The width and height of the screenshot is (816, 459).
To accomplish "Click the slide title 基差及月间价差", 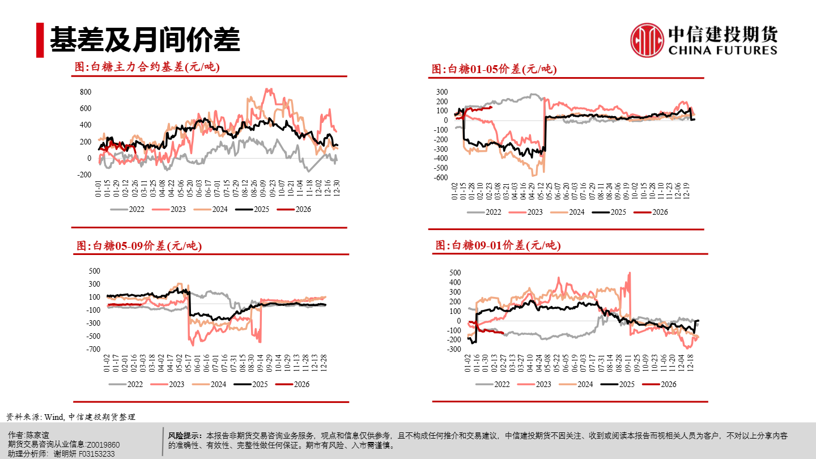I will [x=144, y=40].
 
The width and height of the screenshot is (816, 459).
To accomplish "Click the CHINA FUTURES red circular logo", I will [x=647, y=40].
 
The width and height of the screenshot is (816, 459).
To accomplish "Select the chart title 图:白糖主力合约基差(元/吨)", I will [x=147, y=67].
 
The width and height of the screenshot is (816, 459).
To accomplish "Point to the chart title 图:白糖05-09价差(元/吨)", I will [x=139, y=246].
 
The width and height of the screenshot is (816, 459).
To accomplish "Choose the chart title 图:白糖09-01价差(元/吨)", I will [x=498, y=245].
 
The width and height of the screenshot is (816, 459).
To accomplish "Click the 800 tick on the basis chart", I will [x=85, y=92].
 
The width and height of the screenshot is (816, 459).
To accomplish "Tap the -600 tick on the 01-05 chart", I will [x=439, y=177].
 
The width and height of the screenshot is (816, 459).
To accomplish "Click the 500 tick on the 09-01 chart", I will [x=455, y=273].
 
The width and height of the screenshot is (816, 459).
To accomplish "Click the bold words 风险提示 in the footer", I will [x=185, y=436].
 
